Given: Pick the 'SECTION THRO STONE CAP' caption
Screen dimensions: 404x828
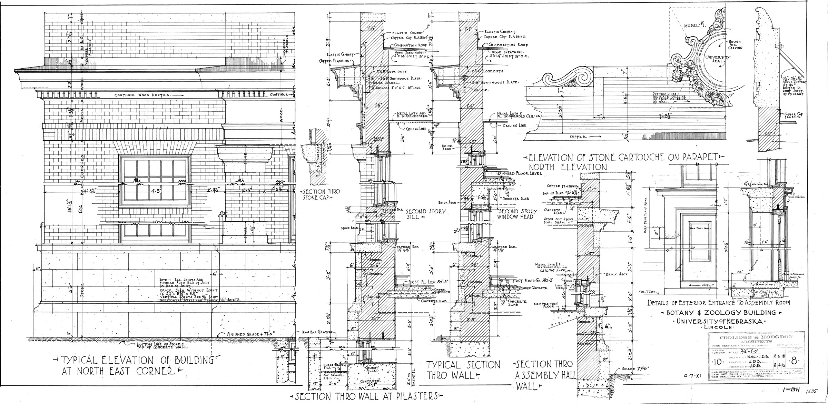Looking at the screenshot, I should tap(316, 195).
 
